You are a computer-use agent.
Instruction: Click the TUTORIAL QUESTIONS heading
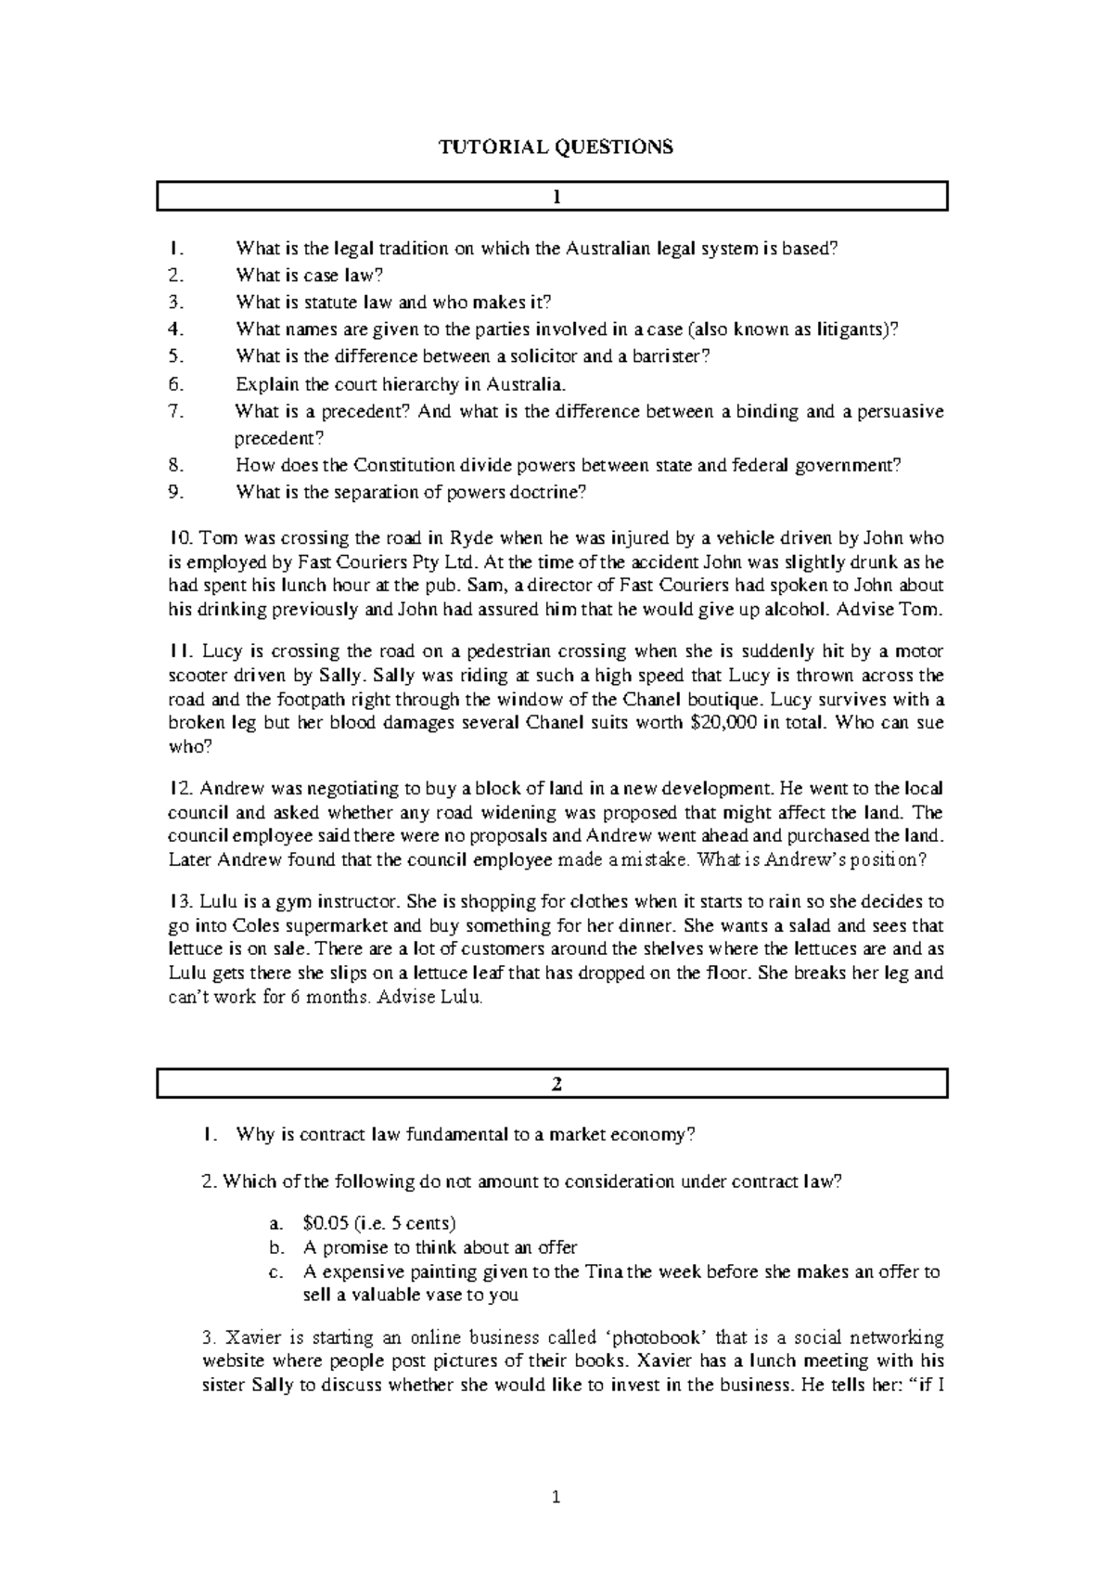point(556,147)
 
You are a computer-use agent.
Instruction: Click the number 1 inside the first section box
point(556,197)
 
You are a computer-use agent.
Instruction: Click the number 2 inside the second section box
point(556,1084)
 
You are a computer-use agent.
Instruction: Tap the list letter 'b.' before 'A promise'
point(288,1247)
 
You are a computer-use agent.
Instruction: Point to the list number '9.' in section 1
point(177,492)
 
